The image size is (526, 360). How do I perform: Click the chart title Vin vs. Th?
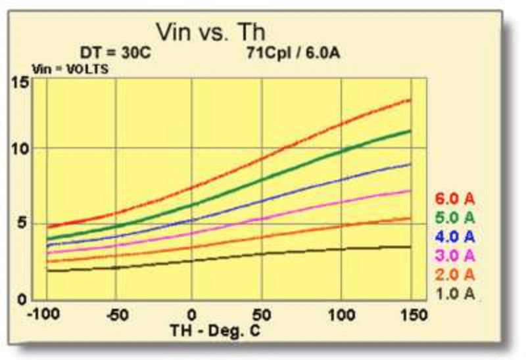(210, 32)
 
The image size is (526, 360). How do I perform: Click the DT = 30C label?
(115, 53)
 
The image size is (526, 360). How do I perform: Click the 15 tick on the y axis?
(21, 83)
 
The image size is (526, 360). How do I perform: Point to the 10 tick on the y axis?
(21, 149)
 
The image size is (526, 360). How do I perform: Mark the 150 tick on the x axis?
(414, 315)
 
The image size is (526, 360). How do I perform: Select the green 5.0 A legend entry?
(455, 217)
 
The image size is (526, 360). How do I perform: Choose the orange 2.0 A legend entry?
(455, 274)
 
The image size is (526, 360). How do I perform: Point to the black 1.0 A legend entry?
(455, 293)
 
